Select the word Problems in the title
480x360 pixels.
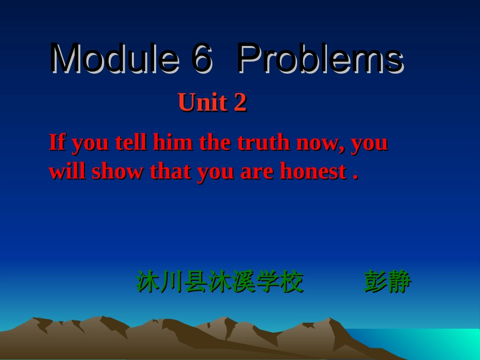320,59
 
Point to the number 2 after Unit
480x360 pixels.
240,102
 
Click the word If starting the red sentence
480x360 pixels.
57,142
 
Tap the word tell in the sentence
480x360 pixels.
131,142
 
